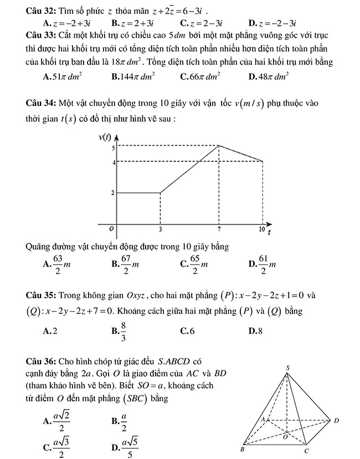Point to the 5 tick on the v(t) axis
click(x=113, y=147)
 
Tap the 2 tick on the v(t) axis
click(x=113, y=193)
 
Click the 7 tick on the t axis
click(x=220, y=228)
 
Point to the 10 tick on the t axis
click(x=261, y=228)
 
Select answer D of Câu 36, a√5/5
click(x=124, y=447)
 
